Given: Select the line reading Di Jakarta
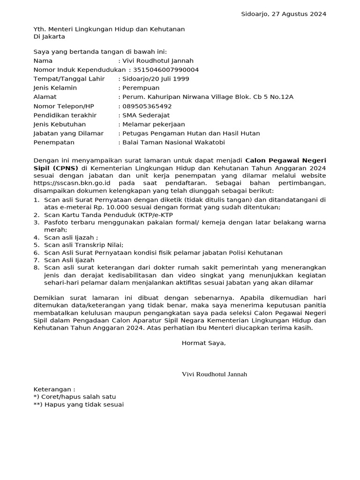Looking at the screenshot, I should coord(49,37).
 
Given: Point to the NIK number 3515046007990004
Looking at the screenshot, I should coord(166,70).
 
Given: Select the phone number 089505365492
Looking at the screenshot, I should coord(143,106).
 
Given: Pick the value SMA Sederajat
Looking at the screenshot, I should coord(146,115).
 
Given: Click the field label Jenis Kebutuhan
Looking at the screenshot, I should coord(60,124).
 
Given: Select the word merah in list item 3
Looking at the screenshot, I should coord(55,230).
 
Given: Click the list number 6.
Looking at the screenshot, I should coord(36,252).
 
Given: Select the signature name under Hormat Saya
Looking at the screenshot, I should coord(214,374).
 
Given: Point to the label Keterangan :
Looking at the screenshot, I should coord(54,389).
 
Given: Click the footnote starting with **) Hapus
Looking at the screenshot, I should coord(78,404).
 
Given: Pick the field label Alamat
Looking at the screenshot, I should coord(45,97).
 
